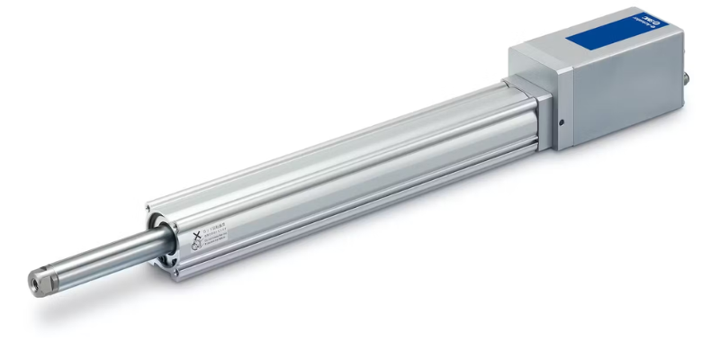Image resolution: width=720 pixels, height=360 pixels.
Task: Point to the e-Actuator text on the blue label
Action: pos(630,27)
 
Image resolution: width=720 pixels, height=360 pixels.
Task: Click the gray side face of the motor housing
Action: pos(621,90)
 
